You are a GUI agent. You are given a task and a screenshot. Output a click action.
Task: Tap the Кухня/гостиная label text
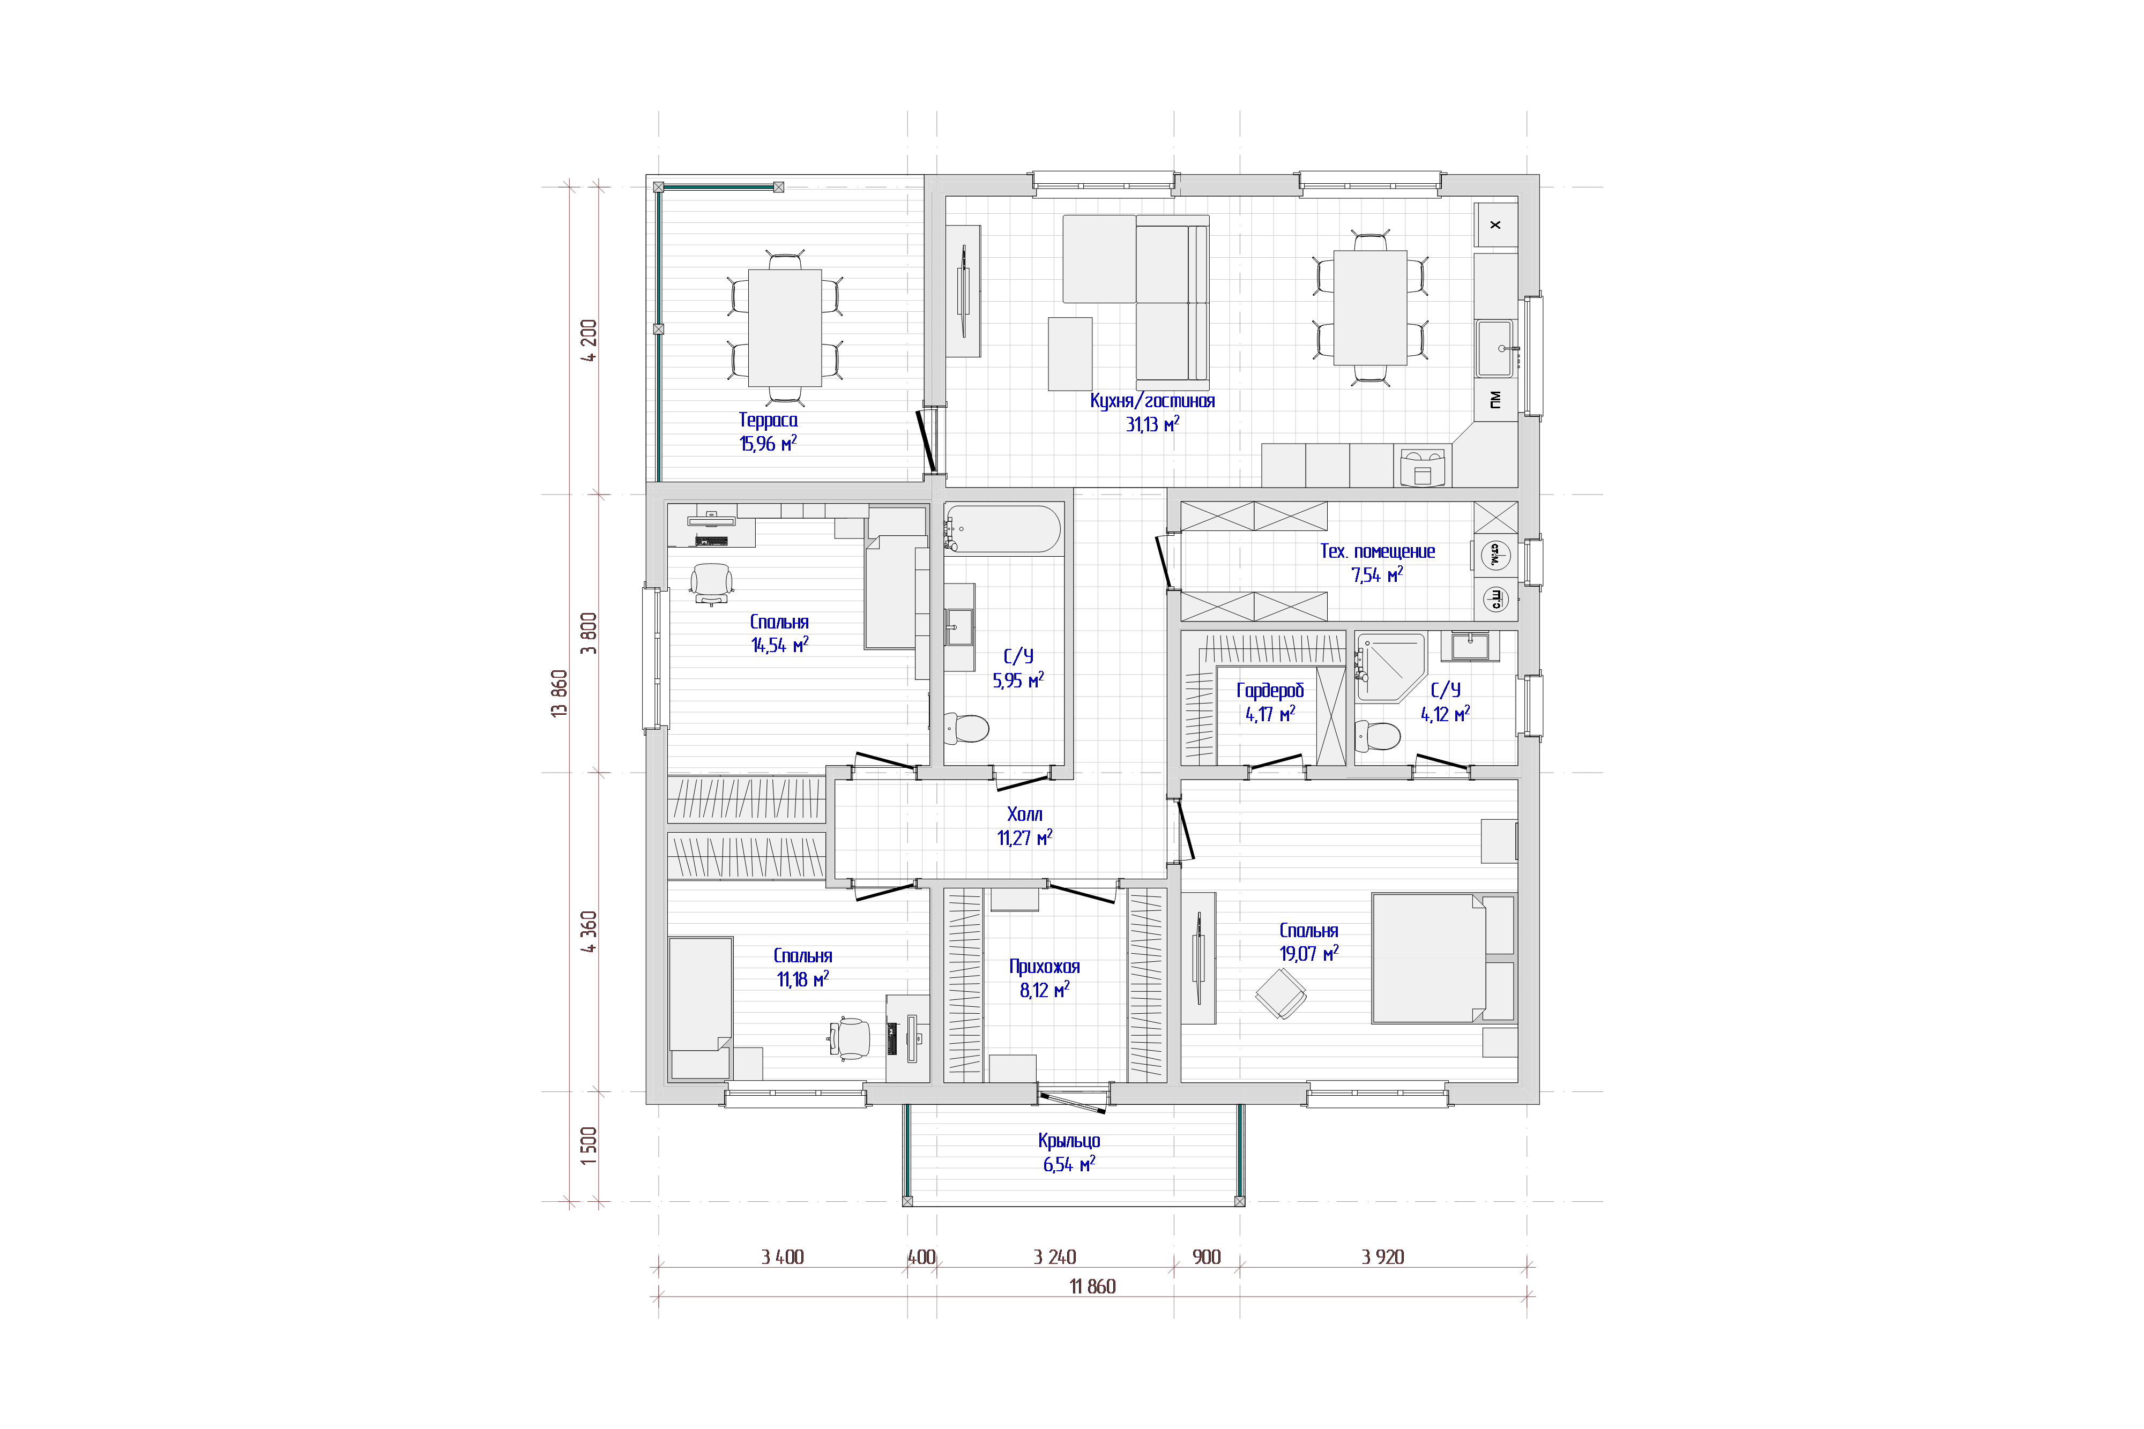[x=1152, y=401]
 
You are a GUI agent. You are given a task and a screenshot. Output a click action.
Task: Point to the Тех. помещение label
[x=1378, y=551]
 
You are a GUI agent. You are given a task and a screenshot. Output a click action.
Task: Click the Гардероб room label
[x=1270, y=691]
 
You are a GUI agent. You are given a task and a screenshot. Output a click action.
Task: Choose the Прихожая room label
[x=1045, y=967]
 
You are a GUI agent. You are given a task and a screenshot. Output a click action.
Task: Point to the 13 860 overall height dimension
[x=560, y=693]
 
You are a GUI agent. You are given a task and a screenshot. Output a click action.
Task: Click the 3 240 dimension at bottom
[x=1055, y=1258]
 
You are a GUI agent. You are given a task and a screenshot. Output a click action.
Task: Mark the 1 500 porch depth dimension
[x=589, y=1146]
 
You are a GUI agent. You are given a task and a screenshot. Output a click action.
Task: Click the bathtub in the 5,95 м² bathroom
[x=1003, y=529]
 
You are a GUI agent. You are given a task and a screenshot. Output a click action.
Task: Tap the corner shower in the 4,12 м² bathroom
[x=1390, y=667]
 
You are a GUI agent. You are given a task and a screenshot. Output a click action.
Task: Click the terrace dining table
[x=785, y=328]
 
